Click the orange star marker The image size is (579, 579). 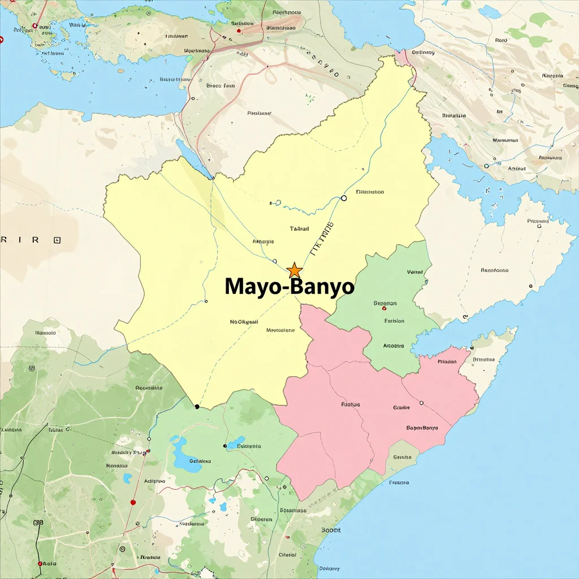tap(295, 270)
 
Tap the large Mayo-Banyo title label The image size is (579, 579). tap(289, 287)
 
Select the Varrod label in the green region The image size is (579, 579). tap(414, 272)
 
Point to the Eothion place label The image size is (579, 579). tap(394, 321)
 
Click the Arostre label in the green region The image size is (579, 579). tap(394, 345)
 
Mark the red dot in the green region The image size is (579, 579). tap(384, 309)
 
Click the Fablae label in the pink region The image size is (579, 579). tap(351, 404)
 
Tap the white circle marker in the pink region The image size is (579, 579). tap(421, 403)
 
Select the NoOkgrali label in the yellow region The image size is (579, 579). tap(244, 322)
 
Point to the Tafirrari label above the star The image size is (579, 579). tap(299, 228)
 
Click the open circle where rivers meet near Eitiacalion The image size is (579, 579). tap(344, 198)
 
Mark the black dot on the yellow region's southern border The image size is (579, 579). tap(197, 407)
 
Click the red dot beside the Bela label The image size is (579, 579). tap(40, 564)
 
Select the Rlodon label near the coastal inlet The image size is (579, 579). tap(447, 361)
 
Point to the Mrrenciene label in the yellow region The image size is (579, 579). tap(280, 330)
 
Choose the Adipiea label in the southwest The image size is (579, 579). tap(156, 481)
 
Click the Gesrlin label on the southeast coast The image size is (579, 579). tap(402, 457)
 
